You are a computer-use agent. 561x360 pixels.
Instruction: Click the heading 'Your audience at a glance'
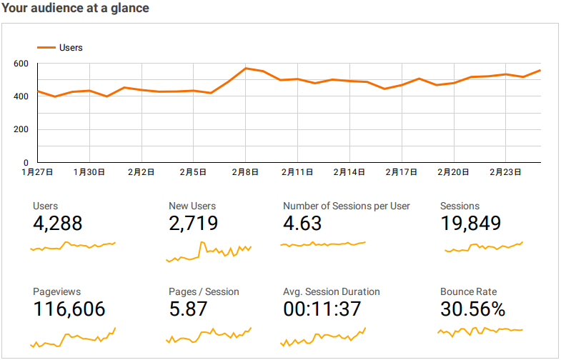[76, 9]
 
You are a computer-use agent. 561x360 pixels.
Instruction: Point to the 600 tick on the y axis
[21, 64]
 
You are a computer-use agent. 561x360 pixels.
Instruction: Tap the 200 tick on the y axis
[21, 130]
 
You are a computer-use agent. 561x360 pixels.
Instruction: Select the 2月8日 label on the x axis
[245, 172]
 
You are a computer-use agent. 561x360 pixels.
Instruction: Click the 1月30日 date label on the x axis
[89, 172]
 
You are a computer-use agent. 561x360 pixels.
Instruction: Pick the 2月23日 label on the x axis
[505, 172]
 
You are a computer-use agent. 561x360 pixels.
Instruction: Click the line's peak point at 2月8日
[245, 69]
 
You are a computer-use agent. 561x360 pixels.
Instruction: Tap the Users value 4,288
[58, 223]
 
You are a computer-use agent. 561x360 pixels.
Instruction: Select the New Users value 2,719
[194, 223]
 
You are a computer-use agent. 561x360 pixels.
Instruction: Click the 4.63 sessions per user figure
[302, 223]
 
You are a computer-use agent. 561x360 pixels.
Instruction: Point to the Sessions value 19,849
[470, 223]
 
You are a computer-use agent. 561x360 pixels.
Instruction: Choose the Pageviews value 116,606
[69, 309]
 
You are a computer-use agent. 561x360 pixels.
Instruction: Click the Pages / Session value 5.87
[188, 309]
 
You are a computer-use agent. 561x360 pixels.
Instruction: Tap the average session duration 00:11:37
[322, 309]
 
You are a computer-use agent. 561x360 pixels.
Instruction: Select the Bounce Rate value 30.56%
[473, 309]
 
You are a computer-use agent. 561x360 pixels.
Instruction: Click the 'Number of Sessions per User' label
[347, 206]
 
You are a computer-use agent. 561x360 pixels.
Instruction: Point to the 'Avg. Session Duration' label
[332, 291]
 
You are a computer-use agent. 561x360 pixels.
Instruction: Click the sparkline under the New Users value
[209, 251]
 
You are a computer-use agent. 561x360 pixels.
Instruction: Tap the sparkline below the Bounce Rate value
[480, 330]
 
